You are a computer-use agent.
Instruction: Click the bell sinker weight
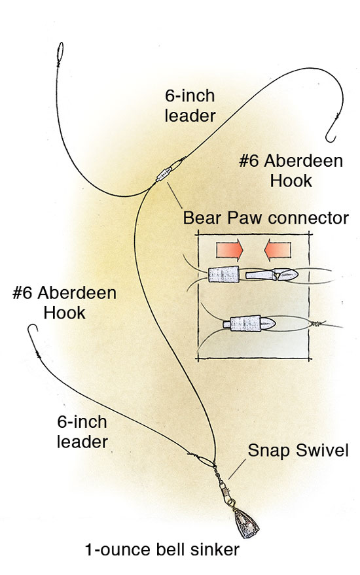coord(246,523)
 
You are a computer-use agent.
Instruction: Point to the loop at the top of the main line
coord(60,52)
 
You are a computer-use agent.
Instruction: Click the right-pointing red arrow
coord(229,250)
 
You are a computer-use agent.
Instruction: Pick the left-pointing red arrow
coord(278,250)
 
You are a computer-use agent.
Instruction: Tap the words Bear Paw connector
coord(266,218)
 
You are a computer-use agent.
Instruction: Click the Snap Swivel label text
coord(298,450)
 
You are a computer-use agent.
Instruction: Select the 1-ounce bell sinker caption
coord(162,549)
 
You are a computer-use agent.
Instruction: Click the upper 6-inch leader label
coord(190,105)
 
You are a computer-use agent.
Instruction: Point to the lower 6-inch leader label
coord(82,432)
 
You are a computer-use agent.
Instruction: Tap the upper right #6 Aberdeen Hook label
coord(291,171)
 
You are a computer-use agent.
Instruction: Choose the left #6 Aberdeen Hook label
coord(64,303)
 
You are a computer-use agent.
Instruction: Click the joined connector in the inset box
coord(249,324)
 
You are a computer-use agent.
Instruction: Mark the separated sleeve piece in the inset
coord(224,274)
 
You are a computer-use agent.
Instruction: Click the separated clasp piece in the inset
coord(272,274)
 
